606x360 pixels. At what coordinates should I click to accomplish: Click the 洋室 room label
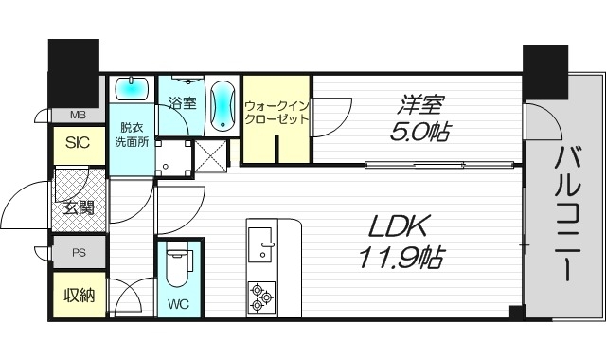coord(417,102)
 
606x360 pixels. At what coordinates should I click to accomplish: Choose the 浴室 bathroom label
coord(182,103)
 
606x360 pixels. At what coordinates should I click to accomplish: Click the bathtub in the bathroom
coord(222,105)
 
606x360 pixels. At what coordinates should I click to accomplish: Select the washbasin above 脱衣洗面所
coord(132,89)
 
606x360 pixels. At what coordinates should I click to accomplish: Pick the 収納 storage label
coord(79,296)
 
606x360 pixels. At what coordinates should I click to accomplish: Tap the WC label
coord(178,305)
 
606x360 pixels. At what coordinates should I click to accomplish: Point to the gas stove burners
coord(260,297)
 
